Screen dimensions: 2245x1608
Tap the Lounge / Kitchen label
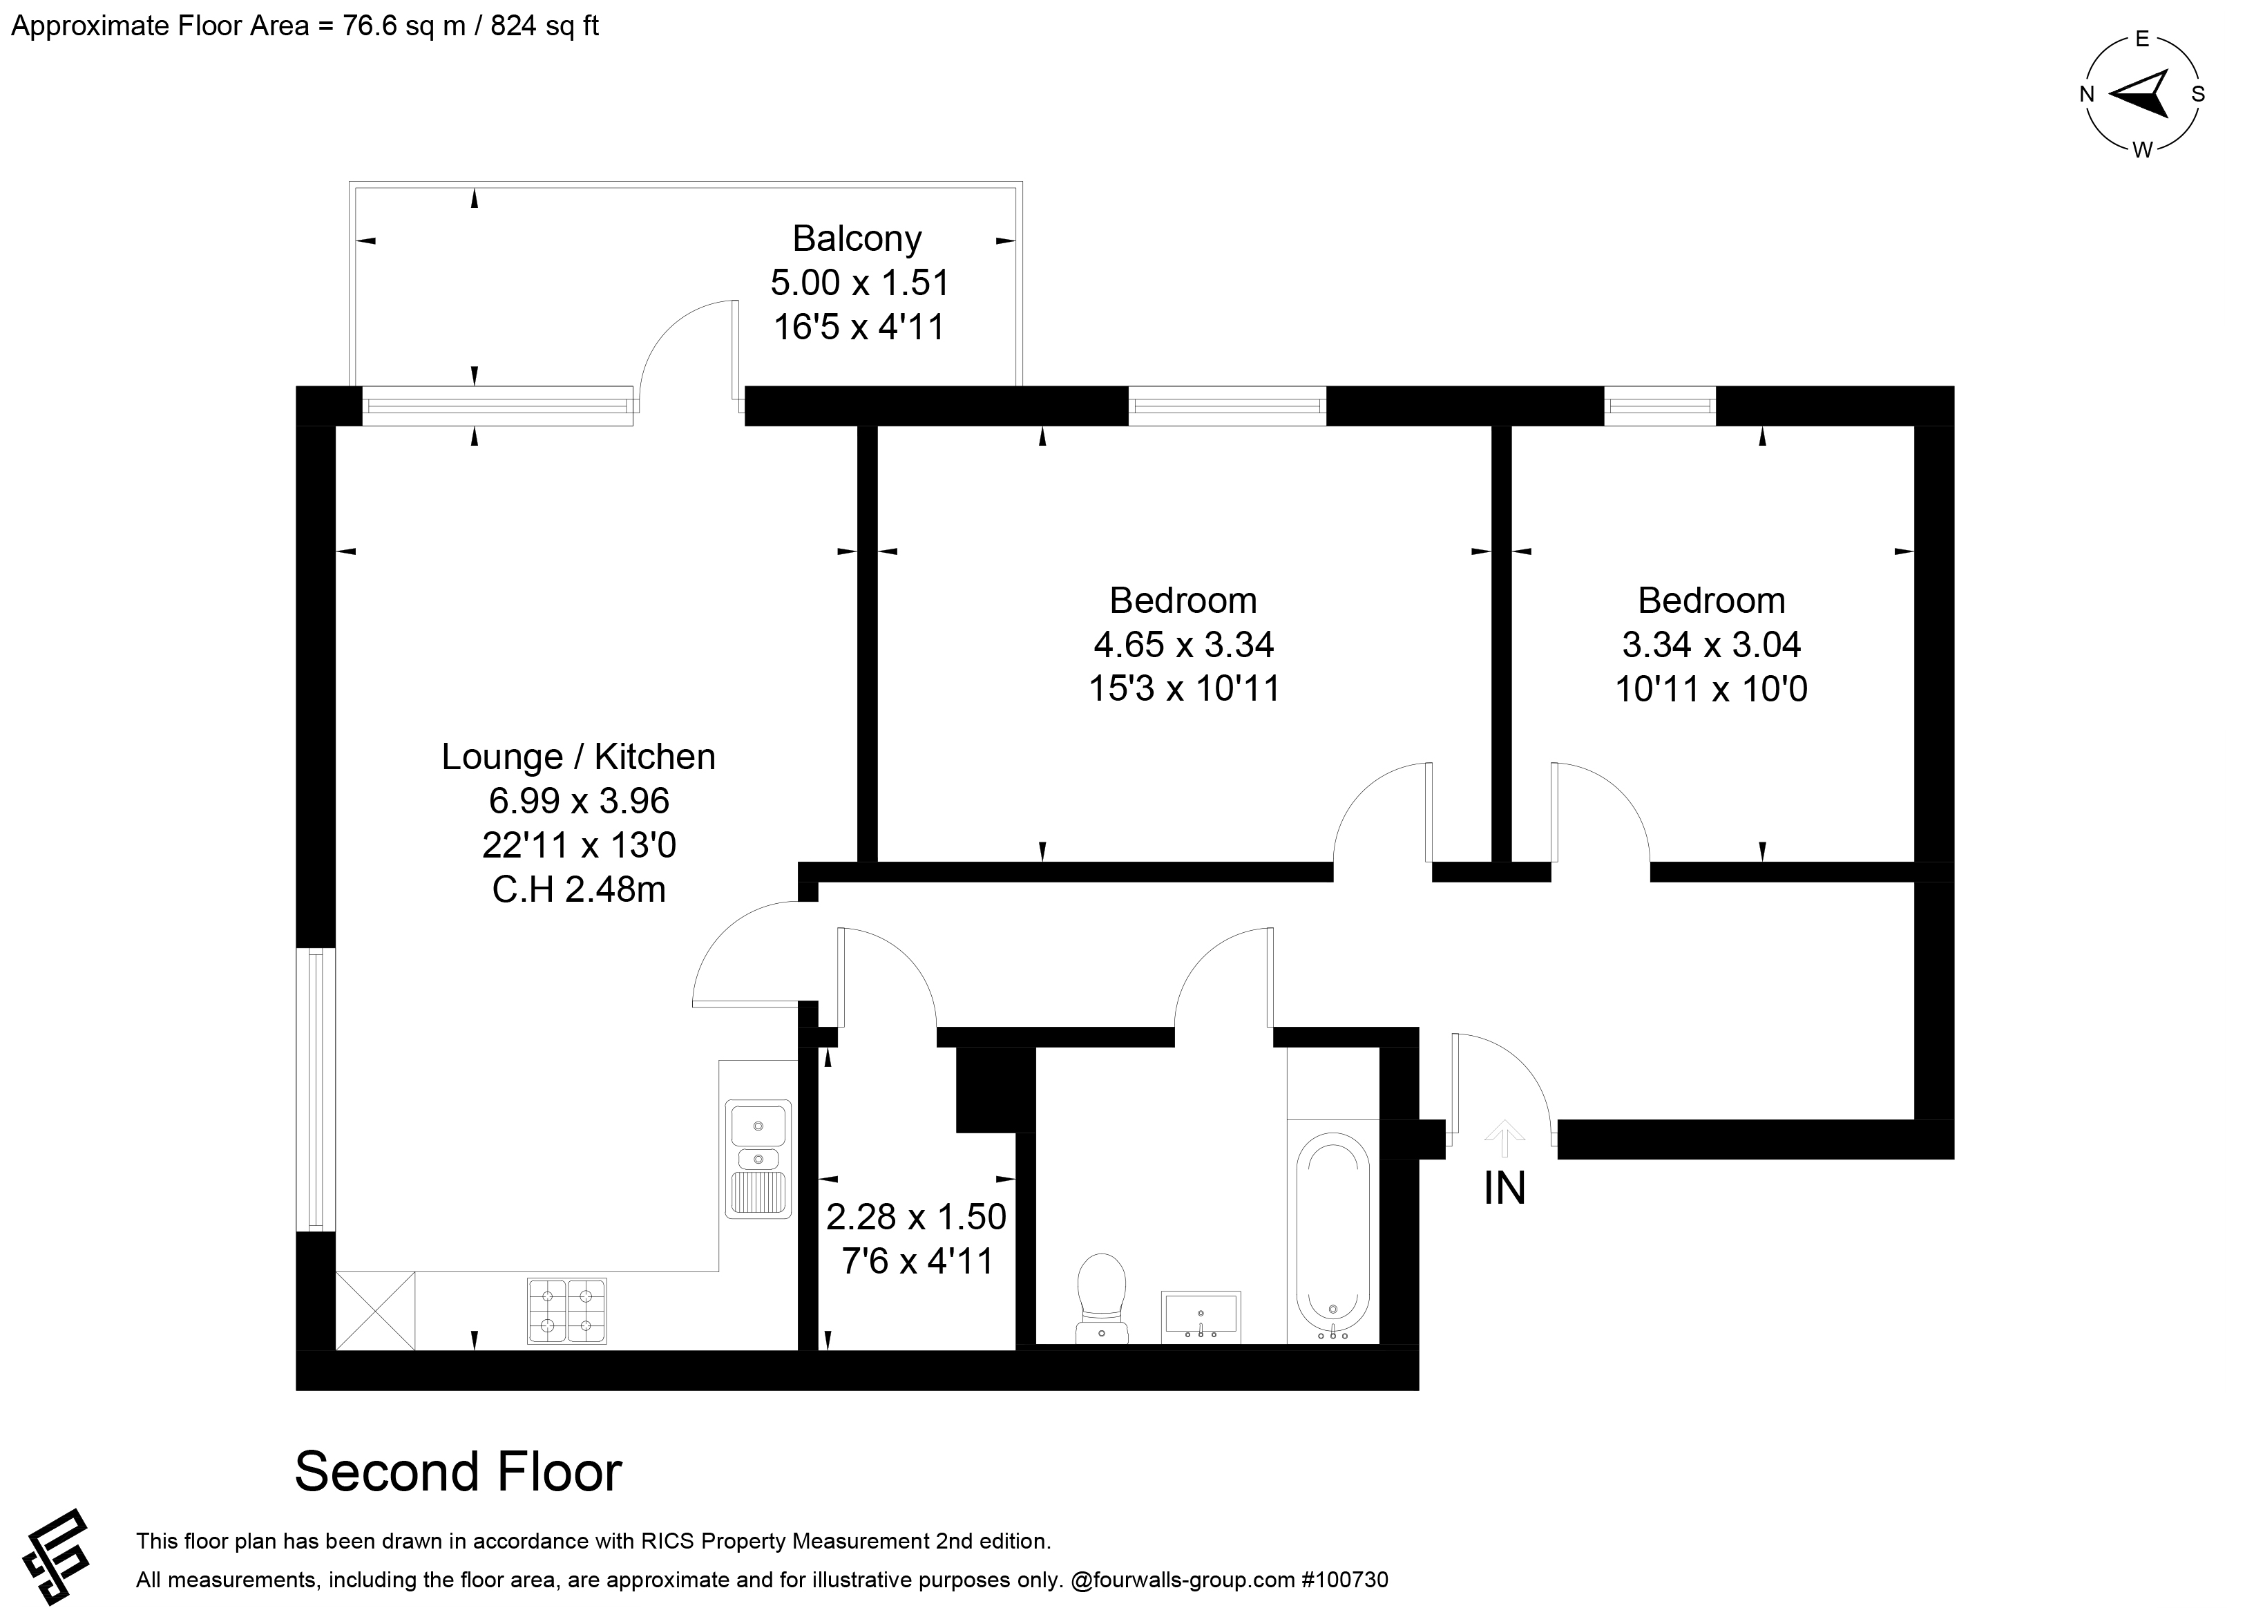pyautogui.click(x=578, y=757)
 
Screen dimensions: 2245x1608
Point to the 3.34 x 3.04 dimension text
pyautogui.click(x=1712, y=645)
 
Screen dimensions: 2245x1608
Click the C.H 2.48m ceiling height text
pyautogui.click(x=578, y=889)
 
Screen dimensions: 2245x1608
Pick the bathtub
pyautogui.click(x=1333, y=1237)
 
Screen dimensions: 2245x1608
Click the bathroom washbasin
pyautogui.click(x=1201, y=1317)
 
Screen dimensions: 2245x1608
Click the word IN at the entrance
pyautogui.click(x=1504, y=1188)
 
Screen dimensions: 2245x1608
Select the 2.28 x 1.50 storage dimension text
pyautogui.click(x=916, y=1216)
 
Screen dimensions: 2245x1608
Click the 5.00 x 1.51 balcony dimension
pyautogui.click(x=859, y=283)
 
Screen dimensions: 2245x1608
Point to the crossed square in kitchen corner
pyautogui.click(x=375, y=1310)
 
